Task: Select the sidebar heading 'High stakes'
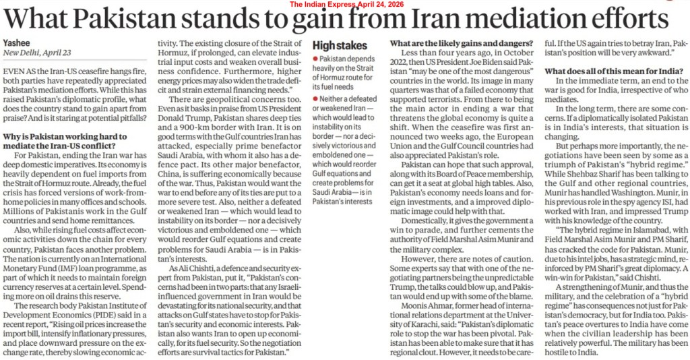tap(341, 46)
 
